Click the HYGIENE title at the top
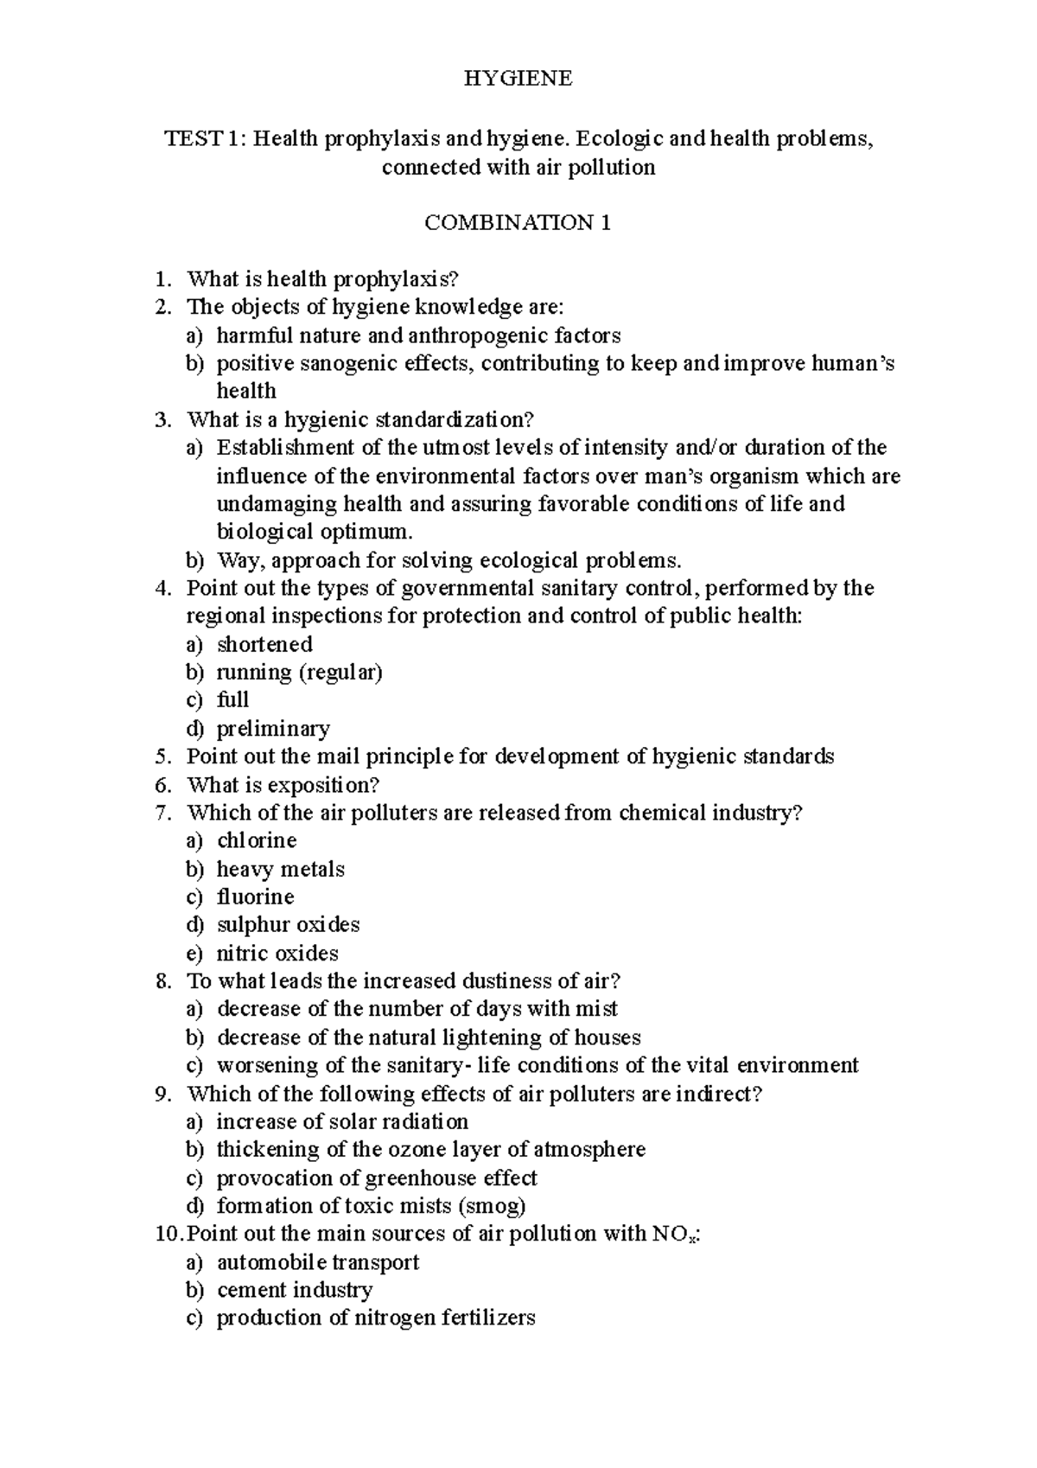[x=518, y=79]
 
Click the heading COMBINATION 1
[x=518, y=223]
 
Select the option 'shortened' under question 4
[x=264, y=644]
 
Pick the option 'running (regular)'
[x=299, y=672]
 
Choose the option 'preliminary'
[x=273, y=728]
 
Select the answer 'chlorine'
[x=257, y=840]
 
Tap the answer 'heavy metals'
[x=280, y=869]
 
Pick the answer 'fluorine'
[x=255, y=897]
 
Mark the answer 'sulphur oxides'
[x=288, y=924]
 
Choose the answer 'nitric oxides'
[x=277, y=953]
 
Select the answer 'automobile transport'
[x=317, y=1261]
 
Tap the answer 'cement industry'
[x=295, y=1290]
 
